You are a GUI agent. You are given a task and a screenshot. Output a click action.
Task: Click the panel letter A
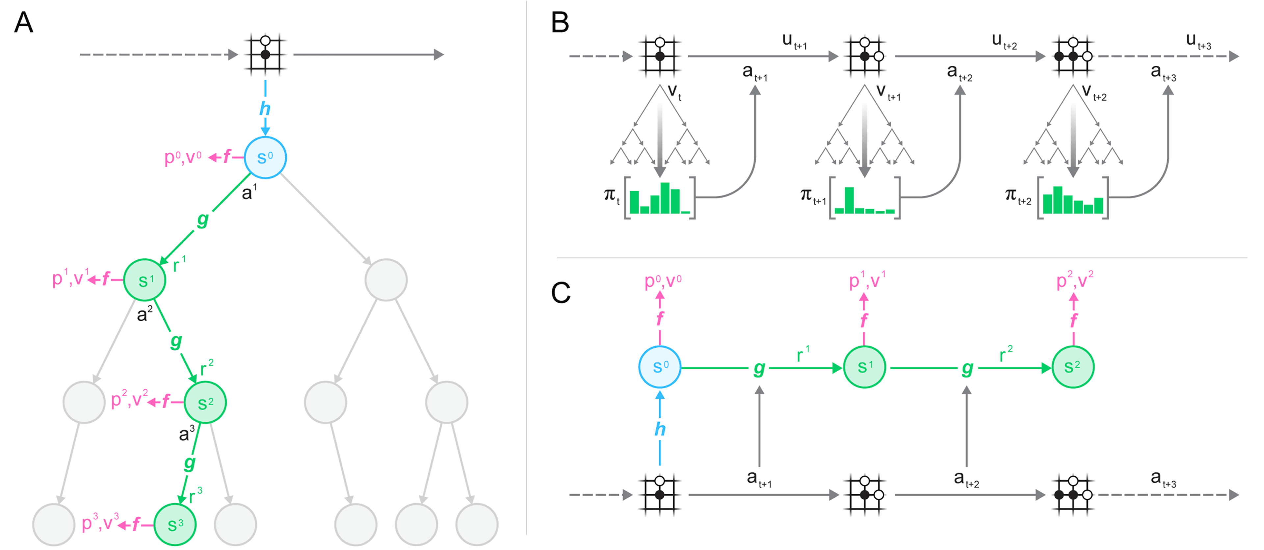[x=24, y=23]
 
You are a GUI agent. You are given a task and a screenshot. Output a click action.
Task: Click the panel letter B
[x=560, y=23]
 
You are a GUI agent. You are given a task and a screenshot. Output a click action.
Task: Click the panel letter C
[x=561, y=293]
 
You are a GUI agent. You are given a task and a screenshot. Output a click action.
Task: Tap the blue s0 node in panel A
[x=265, y=157]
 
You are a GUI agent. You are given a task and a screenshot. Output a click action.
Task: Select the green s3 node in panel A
[x=175, y=524]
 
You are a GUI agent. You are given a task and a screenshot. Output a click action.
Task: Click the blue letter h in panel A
[x=265, y=108]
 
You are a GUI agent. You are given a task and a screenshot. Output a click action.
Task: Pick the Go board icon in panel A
[x=265, y=54]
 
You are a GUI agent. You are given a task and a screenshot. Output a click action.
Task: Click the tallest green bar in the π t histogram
[x=665, y=198]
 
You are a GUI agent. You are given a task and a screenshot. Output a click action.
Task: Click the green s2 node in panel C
[x=1073, y=367]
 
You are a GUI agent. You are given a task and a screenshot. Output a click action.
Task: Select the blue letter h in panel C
[x=660, y=429]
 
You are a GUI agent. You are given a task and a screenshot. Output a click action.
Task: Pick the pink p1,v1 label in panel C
[x=867, y=281]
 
